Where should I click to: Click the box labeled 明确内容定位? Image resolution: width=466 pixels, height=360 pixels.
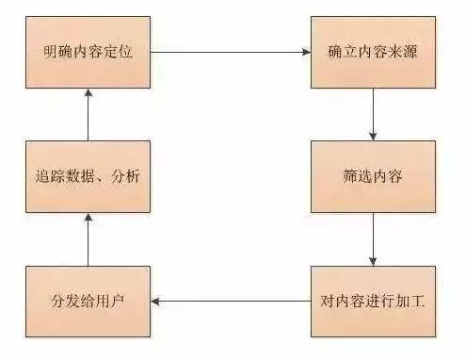point(87,52)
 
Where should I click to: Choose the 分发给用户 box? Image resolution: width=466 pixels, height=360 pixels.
point(87,302)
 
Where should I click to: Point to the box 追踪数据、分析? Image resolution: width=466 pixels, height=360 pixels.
point(87,176)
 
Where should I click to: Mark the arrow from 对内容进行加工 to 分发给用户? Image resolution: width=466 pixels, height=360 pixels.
point(231,303)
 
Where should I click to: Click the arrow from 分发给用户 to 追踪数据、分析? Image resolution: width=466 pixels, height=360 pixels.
point(87,239)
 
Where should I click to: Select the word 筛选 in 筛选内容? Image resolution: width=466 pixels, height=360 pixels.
point(358,176)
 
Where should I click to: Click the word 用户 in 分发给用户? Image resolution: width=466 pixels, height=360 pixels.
point(111,302)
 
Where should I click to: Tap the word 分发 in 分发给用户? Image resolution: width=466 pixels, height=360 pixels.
point(62,302)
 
